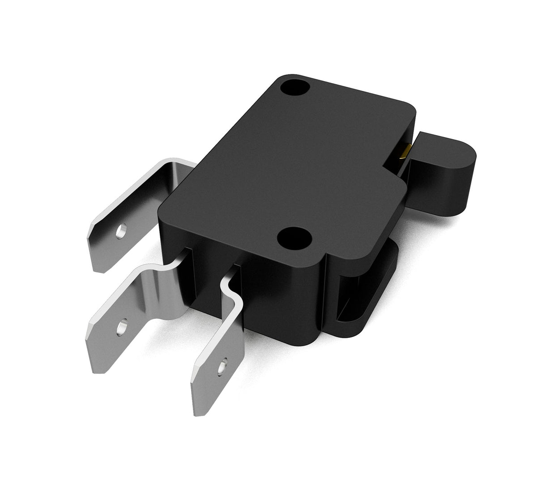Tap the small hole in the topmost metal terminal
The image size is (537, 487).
(121, 232)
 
